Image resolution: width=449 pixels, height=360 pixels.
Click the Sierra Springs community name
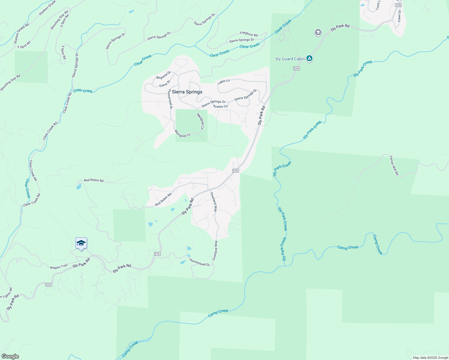[x=187, y=92]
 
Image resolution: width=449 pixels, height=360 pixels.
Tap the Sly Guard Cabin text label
[x=290, y=59]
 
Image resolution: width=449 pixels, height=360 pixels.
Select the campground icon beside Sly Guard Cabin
[x=309, y=58]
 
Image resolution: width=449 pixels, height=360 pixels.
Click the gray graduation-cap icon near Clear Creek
[x=318, y=32]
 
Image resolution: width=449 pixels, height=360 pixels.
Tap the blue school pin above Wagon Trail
[x=81, y=243]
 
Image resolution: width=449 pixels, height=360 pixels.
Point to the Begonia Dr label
[x=164, y=75]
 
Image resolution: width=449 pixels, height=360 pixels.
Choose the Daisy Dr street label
[x=165, y=83]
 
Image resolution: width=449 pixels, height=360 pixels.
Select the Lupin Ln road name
[x=224, y=81]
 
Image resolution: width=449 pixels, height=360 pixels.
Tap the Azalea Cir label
[x=220, y=106]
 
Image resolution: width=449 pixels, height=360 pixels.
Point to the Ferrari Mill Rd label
[x=394, y=165]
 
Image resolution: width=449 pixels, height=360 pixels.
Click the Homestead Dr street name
[x=200, y=262]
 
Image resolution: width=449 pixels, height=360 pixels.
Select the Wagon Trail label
[x=59, y=267]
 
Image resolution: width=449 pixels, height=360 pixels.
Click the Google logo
[x=10, y=356]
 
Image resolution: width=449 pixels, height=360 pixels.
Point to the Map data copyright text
[x=430, y=358]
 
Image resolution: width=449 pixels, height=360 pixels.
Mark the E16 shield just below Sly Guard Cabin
[x=296, y=68]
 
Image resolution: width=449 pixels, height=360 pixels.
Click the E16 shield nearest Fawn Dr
[x=398, y=5]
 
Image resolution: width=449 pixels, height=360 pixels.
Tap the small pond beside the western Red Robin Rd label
[x=79, y=187]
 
